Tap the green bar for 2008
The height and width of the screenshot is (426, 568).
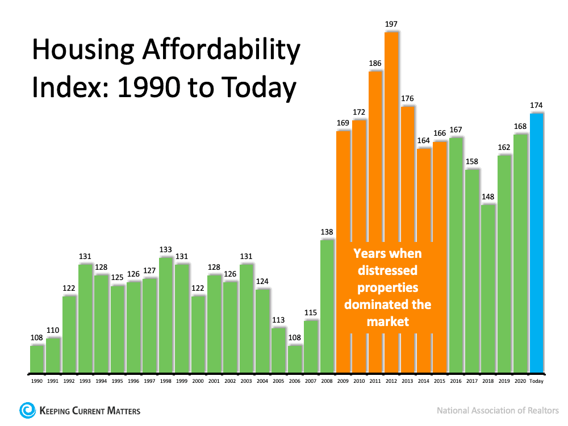pos(327,307)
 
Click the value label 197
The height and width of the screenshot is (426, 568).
pos(391,24)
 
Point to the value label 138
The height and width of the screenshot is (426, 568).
pos(327,232)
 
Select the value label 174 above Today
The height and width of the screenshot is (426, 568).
pos(537,105)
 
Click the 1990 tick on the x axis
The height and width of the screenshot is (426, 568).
pos(36,381)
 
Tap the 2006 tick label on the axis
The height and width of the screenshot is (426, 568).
pos(295,381)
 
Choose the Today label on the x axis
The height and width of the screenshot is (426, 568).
pos(537,381)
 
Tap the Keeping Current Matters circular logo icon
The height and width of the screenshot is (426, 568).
pos(26,410)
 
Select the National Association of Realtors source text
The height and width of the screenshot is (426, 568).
pos(498,410)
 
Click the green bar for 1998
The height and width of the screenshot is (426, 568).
pos(166,316)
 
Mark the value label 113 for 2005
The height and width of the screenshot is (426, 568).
pos(278,319)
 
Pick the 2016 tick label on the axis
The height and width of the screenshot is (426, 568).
pos(456,381)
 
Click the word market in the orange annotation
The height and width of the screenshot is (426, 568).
pos(387,321)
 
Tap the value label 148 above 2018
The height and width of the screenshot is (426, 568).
pos(488,196)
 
